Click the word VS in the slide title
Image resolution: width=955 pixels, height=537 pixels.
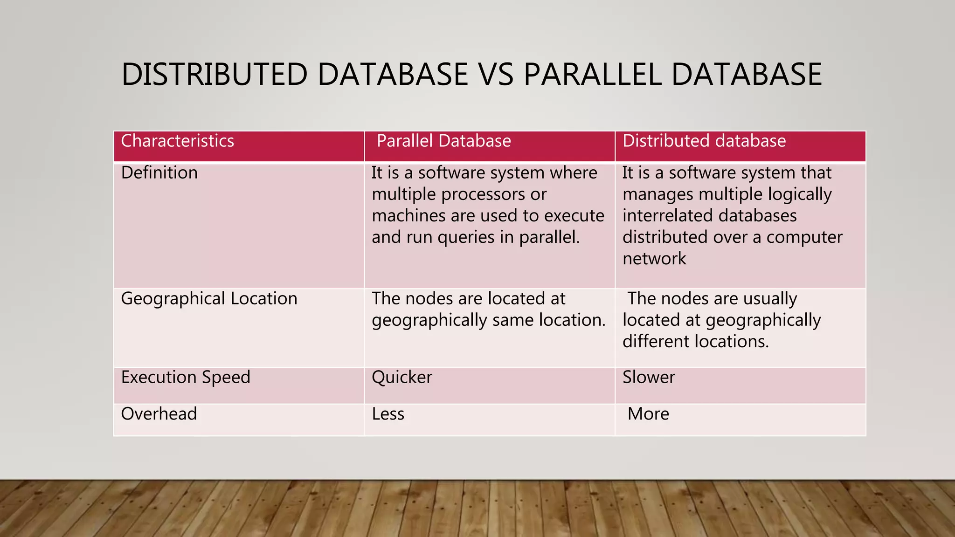click(496, 75)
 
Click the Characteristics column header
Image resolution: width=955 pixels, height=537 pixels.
click(177, 141)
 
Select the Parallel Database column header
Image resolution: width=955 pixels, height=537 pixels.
click(443, 141)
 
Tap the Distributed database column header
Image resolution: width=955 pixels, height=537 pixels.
click(704, 141)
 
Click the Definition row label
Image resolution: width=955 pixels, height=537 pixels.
click(159, 173)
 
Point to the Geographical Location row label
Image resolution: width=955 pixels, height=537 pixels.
click(209, 299)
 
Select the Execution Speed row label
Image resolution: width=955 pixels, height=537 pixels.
click(186, 377)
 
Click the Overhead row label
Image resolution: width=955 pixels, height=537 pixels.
click(159, 414)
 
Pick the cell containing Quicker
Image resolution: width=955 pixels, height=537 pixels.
click(402, 377)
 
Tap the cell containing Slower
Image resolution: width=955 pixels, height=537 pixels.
click(649, 377)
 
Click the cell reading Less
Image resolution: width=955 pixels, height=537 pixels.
click(388, 414)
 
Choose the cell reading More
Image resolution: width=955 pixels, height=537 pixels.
click(648, 414)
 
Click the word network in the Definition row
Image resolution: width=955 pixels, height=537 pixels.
click(654, 259)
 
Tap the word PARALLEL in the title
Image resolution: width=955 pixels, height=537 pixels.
click(592, 75)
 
